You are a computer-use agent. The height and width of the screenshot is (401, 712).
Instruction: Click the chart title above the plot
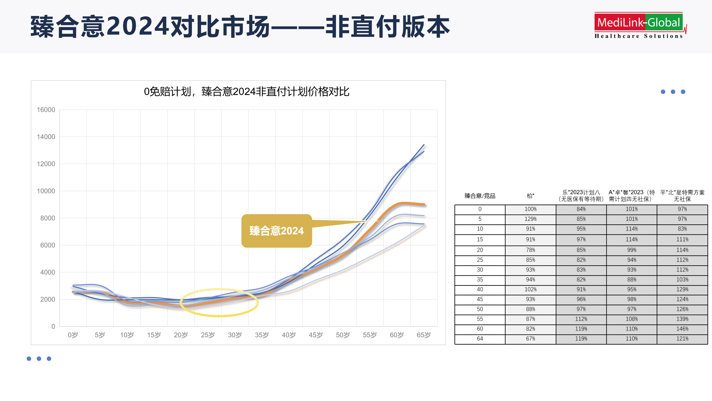[x=247, y=92]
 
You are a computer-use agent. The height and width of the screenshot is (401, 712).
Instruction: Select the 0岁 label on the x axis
[x=73, y=335]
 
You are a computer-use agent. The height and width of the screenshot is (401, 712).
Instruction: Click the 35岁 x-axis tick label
[x=261, y=335]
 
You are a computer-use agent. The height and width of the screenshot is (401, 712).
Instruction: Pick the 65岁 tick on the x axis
[x=423, y=335]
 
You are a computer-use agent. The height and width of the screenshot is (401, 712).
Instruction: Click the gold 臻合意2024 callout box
[x=277, y=231]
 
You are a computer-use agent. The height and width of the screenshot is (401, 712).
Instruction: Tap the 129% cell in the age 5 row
[x=530, y=219]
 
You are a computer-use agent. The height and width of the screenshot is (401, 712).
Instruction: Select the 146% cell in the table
[x=682, y=329]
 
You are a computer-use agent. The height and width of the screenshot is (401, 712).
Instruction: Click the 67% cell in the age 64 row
[x=530, y=339]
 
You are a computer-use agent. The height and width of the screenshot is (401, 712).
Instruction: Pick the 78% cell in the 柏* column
[x=530, y=250]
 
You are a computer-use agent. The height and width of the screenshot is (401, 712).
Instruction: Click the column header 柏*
[x=530, y=196]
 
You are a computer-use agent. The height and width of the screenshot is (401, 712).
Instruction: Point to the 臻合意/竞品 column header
[x=480, y=196]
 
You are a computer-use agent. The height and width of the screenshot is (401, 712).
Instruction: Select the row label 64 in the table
[x=480, y=339]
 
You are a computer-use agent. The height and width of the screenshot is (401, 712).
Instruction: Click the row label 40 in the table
[x=480, y=289]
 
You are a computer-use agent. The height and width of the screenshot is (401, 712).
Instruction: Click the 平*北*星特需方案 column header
[x=682, y=196]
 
